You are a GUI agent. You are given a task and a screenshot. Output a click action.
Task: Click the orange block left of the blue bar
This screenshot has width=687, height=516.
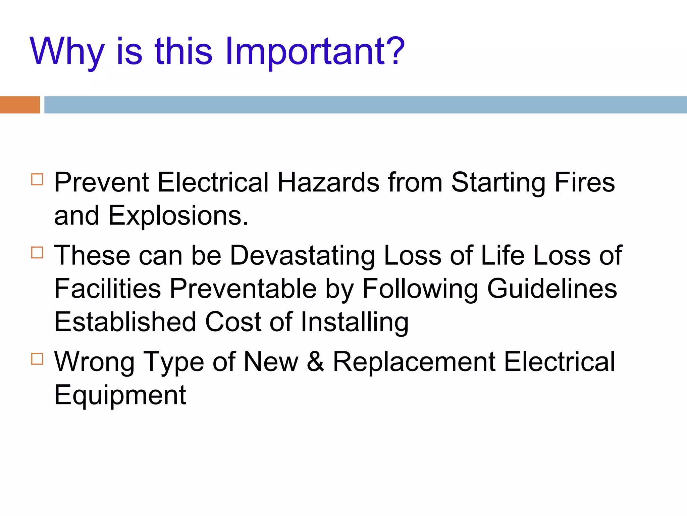tap(20, 105)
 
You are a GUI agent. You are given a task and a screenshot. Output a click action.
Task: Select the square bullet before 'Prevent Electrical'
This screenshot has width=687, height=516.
tap(37, 179)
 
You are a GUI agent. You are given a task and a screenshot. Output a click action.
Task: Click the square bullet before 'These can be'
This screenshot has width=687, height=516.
tap(37, 253)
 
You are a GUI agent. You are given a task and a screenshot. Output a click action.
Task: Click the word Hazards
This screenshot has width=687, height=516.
tap(328, 182)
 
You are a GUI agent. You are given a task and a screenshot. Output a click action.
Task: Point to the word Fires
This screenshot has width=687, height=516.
tap(584, 182)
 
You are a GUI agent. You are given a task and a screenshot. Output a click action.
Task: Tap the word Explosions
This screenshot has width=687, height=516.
tap(178, 216)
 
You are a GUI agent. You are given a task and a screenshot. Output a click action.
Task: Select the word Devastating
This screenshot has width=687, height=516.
tap(302, 256)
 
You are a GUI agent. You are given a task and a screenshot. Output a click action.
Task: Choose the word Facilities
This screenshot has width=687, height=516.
tap(108, 289)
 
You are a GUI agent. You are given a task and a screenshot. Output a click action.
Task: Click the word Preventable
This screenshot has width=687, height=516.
tap(243, 289)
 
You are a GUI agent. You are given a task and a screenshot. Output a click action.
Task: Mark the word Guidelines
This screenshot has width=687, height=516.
tap(552, 289)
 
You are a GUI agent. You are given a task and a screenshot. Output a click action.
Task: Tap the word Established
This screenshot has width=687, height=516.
tap(125, 322)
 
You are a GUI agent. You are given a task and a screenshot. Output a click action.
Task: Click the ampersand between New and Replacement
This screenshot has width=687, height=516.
tap(315, 362)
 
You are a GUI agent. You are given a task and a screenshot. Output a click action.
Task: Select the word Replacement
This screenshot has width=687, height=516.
tap(414, 362)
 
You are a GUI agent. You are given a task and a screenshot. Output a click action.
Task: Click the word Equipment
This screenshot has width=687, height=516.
tap(120, 395)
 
